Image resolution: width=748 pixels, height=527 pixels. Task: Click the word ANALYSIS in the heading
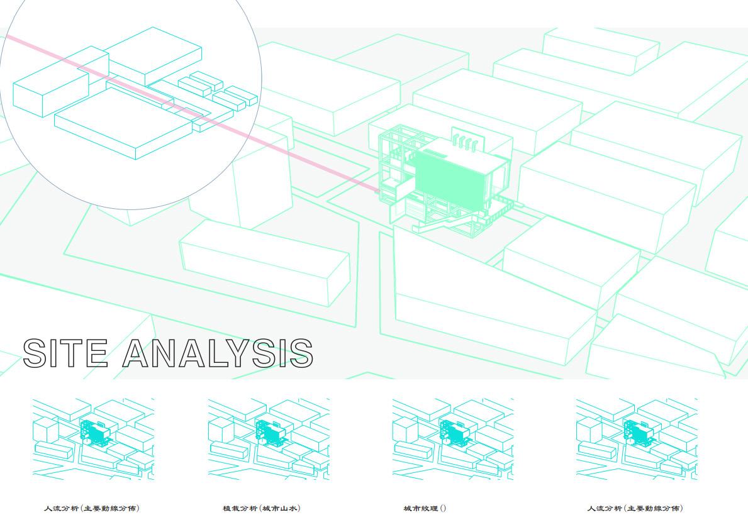217,353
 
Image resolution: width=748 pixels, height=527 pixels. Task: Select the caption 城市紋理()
425,508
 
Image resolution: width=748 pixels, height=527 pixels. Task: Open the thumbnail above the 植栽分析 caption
269,439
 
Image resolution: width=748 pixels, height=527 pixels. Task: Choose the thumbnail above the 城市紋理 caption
453,439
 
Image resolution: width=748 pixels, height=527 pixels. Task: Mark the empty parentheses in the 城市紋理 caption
443,508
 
